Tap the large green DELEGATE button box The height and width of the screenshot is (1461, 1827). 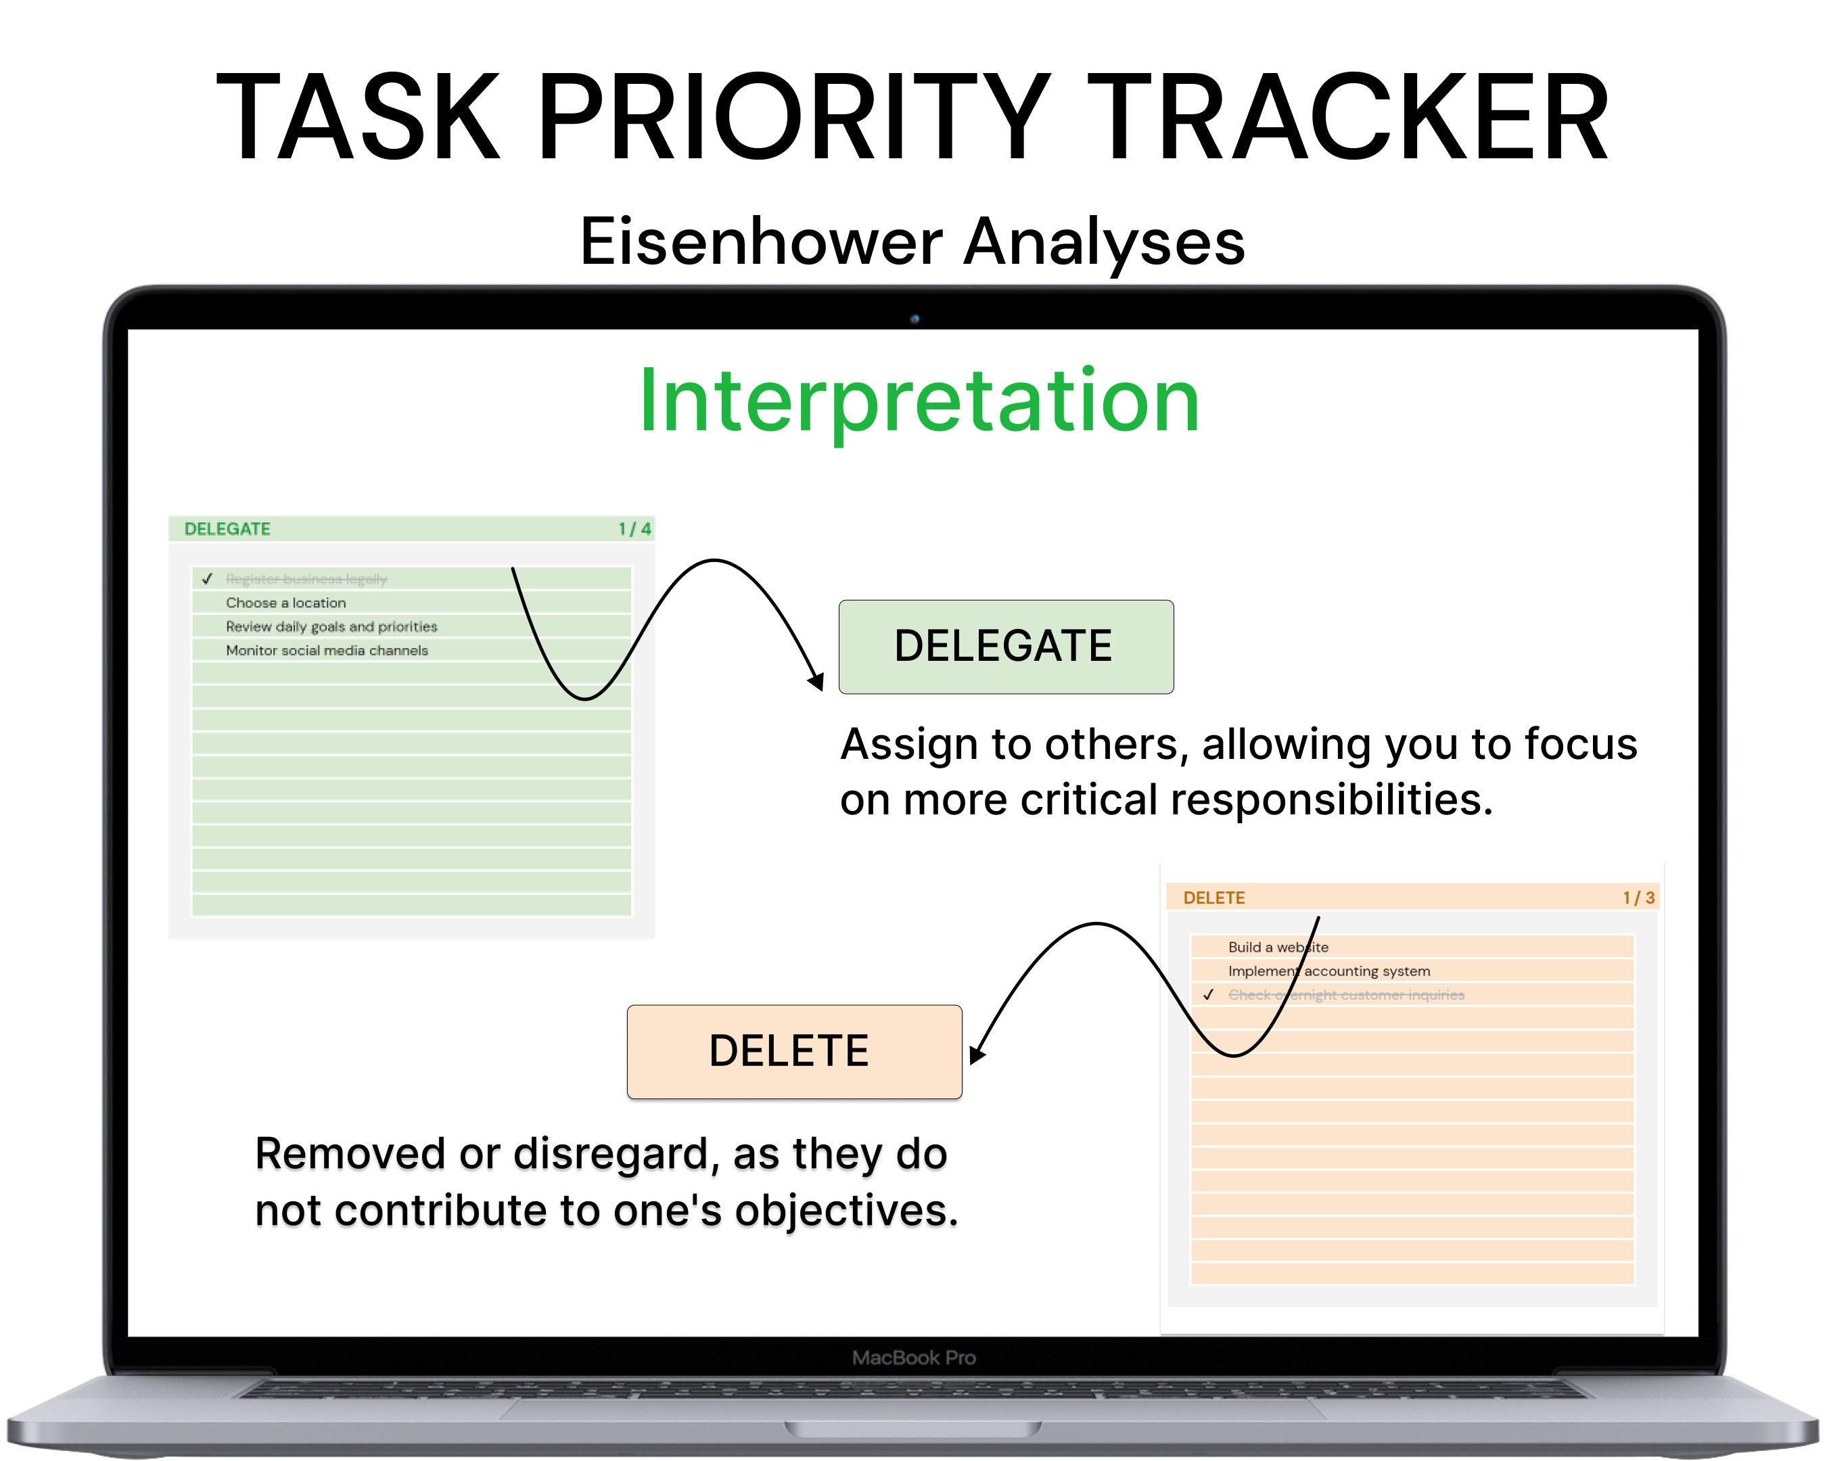click(1006, 647)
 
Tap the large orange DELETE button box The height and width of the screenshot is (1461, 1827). click(794, 1052)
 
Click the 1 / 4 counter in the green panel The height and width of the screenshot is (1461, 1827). click(634, 529)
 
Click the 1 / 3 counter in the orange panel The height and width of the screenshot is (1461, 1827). click(1638, 898)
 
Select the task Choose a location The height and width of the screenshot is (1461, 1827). click(285, 603)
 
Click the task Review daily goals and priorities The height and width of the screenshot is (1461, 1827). click(331, 626)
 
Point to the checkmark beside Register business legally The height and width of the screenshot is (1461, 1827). click(208, 579)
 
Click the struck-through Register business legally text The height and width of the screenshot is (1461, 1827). click(306, 579)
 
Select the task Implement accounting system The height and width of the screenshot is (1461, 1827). click(1328, 971)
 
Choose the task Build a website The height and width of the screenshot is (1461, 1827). click(1278, 948)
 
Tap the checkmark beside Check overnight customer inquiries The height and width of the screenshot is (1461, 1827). click(1208, 995)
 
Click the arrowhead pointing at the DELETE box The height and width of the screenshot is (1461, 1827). click(976, 1055)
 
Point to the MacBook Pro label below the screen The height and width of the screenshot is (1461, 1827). click(913, 1358)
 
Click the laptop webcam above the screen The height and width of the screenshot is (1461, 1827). click(915, 319)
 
